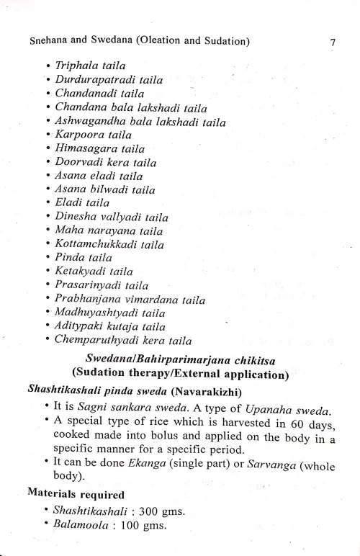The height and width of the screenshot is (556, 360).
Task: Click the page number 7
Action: pyautogui.click(x=333, y=42)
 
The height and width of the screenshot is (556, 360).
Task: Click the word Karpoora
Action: pyautogui.click(x=78, y=135)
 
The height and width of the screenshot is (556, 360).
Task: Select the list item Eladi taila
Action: pyautogui.click(x=82, y=203)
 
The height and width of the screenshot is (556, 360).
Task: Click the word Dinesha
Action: pyautogui.click(x=75, y=217)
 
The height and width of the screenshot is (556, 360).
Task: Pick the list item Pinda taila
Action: pyautogui.click(x=82, y=258)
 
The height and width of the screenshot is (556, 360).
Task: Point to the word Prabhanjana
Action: pyautogui.click(x=89, y=299)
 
